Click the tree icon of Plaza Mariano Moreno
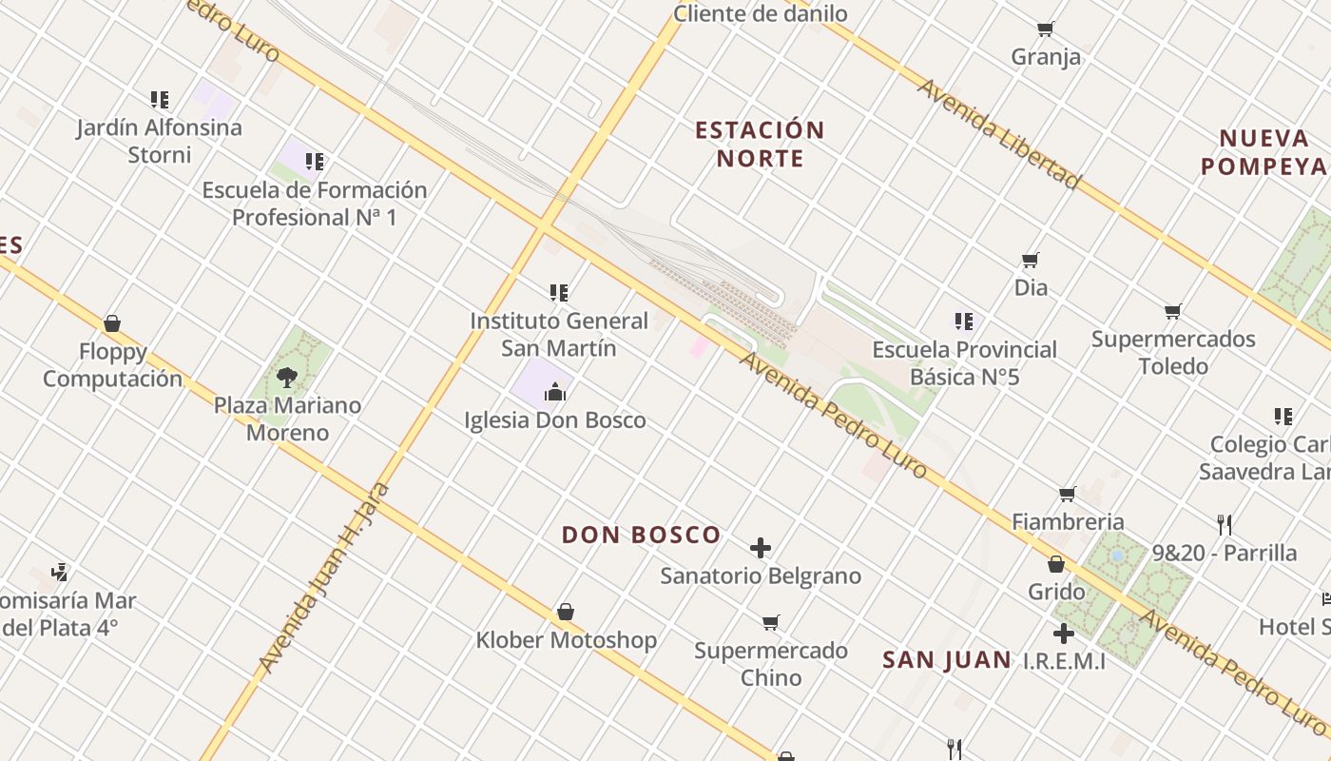pyautogui.click(x=286, y=378)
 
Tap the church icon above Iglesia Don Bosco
pyautogui.click(x=555, y=392)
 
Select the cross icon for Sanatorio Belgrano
pyautogui.click(x=761, y=548)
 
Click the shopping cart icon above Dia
pyautogui.click(x=1031, y=260)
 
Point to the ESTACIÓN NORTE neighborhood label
pyautogui.click(x=760, y=144)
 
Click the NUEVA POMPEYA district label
pyautogui.click(x=1263, y=152)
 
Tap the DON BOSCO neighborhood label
pyautogui.click(x=641, y=535)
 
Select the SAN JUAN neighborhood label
pyautogui.click(x=946, y=660)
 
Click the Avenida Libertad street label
pyautogui.click(x=998, y=133)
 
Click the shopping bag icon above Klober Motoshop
pyautogui.click(x=566, y=612)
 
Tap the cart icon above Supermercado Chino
pyautogui.click(x=771, y=623)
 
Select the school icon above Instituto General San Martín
pyautogui.click(x=559, y=293)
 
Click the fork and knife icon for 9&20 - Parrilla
pyautogui.click(x=1225, y=524)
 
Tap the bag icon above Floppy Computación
pyautogui.click(x=112, y=324)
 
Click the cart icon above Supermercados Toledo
pyautogui.click(x=1173, y=312)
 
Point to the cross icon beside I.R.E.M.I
pyautogui.click(x=1064, y=634)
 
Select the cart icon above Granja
pyautogui.click(x=1046, y=29)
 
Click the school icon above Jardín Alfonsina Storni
pyautogui.click(x=160, y=99)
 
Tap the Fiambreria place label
pyautogui.click(x=1067, y=521)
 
